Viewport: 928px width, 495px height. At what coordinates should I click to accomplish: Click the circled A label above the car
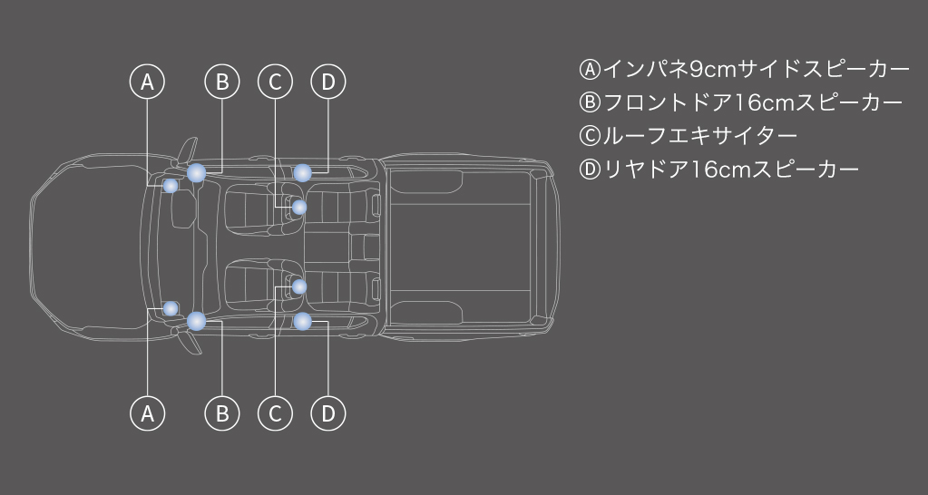147,82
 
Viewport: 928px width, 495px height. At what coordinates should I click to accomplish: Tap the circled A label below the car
147,412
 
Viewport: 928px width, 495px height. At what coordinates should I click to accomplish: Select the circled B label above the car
222,82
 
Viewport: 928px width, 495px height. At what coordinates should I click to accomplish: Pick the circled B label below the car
222,412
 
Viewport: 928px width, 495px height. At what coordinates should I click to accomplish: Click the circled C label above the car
275,82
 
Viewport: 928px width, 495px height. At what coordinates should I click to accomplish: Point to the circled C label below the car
275,412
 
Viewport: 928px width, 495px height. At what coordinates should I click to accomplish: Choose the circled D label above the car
327,82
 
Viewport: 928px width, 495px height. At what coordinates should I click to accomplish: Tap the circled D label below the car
327,412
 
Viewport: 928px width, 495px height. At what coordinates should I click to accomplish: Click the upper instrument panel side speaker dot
171,186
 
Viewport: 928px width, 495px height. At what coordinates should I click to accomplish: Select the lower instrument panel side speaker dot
171,309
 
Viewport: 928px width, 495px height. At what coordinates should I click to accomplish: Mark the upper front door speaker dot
197,173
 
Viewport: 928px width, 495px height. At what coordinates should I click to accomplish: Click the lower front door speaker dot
197,321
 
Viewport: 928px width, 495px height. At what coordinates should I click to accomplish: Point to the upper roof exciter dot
299,207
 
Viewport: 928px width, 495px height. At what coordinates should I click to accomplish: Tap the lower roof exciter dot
299,286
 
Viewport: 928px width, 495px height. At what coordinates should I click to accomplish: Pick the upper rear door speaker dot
302,172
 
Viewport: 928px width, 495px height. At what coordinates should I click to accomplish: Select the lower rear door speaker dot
302,321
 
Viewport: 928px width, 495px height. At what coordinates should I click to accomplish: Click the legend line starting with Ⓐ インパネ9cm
744,69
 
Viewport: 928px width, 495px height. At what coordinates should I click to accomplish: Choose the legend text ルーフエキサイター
699,136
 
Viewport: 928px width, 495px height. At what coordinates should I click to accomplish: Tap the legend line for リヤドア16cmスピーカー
718,170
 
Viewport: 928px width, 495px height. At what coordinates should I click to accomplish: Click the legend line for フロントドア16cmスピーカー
740,102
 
